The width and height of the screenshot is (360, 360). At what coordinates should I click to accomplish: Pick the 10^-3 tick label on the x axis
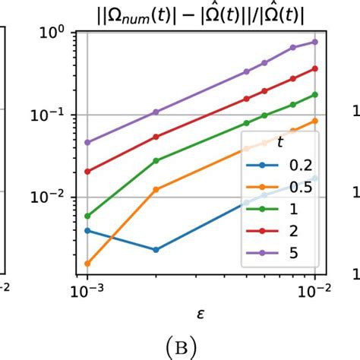(88, 291)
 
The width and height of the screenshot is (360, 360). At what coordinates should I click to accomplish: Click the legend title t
(277, 141)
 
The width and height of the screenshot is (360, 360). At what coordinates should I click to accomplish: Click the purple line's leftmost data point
(88, 142)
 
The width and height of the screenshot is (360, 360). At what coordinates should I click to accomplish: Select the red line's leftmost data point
(88, 172)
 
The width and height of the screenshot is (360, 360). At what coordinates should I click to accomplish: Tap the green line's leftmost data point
(88, 216)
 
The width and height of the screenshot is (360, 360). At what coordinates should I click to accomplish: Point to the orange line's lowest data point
(88, 264)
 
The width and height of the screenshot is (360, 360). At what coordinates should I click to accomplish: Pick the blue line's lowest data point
(156, 249)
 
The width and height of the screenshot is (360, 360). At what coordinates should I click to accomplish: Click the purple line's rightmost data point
(314, 43)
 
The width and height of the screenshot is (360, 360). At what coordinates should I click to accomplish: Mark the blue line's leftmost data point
(88, 230)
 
